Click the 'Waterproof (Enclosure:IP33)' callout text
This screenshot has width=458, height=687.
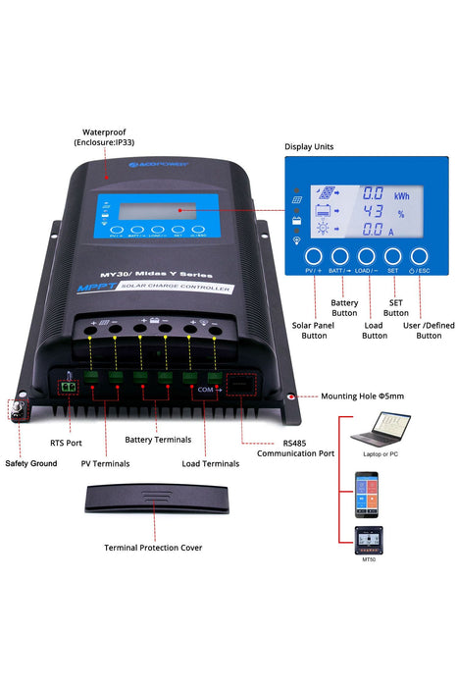tap(108, 136)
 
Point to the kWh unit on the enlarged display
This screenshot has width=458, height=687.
tap(402, 194)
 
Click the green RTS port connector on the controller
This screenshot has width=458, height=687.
tap(70, 386)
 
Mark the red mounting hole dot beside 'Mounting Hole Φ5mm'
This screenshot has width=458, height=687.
tap(291, 397)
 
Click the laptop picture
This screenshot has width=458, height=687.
tap(382, 429)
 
